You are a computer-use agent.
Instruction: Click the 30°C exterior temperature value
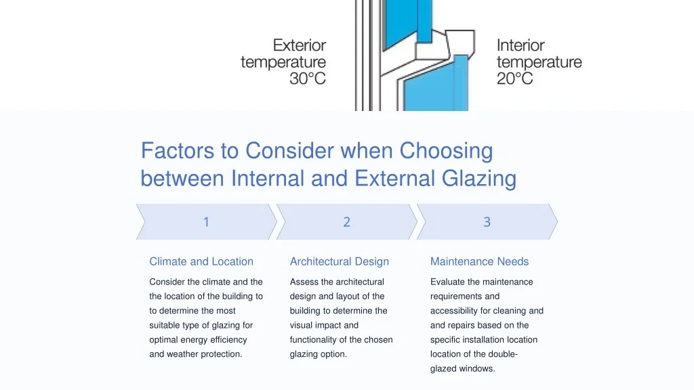coord(308,79)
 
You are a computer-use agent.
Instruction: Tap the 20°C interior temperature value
coord(515,79)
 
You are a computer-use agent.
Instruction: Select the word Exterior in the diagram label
coord(300,45)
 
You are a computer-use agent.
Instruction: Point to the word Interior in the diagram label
coord(520,45)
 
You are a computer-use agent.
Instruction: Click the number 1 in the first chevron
coord(206,222)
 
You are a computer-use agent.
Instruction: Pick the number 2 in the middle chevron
coord(346,222)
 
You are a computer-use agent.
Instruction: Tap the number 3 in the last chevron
coord(487,222)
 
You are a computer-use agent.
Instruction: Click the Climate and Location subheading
coord(201,261)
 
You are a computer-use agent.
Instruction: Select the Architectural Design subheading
coord(340,261)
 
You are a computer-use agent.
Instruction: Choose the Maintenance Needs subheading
coord(480,261)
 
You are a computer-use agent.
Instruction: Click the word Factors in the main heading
coord(178,150)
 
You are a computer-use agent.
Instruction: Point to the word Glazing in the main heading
coord(479,179)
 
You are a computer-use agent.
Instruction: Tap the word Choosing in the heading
coord(446,151)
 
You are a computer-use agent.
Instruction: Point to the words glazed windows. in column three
coord(462,369)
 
